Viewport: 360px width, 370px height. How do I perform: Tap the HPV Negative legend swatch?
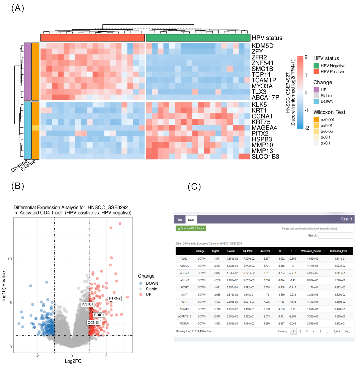[x=317, y=66]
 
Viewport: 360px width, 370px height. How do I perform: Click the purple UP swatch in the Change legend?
[x=317, y=89]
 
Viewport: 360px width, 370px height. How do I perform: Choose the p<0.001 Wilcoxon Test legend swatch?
[x=317, y=119]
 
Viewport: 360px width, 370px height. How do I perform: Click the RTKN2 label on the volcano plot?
[x=114, y=298]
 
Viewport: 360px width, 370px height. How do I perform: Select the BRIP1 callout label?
[x=99, y=315]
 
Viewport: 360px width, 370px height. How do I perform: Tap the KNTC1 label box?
[x=88, y=304]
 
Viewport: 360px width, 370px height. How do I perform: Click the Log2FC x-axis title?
[x=72, y=361]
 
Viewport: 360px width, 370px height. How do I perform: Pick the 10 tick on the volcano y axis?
[x=10, y=259]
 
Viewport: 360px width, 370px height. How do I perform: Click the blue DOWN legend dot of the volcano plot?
[x=141, y=283]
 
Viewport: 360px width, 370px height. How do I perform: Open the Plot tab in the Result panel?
[x=179, y=220]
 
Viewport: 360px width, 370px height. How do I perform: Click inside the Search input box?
[x=335, y=236]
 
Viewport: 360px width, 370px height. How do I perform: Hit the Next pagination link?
[x=348, y=332]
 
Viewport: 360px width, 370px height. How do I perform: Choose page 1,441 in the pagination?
[x=337, y=332]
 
